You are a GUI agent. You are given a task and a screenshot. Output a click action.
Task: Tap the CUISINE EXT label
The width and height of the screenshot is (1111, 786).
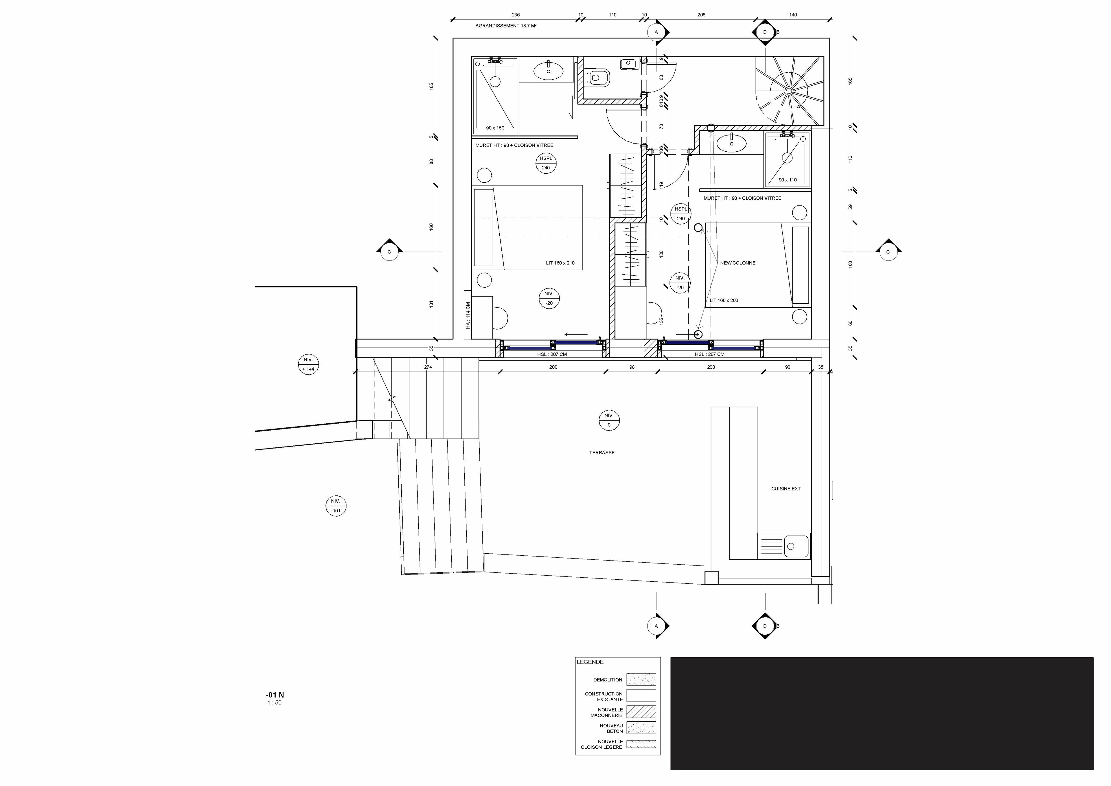tap(786, 489)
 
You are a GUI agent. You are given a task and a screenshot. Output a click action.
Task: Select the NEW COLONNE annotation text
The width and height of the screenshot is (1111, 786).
tap(737, 263)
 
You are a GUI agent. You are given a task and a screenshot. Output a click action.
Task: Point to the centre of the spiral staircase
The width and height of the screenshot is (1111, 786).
tap(789, 91)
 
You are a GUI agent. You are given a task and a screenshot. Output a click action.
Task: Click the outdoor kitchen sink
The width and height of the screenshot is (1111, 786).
tap(783, 546)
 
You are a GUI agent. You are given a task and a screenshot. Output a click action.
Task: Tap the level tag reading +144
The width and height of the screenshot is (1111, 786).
tap(308, 364)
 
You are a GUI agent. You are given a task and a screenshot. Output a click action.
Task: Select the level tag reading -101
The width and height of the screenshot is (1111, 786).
tap(336, 506)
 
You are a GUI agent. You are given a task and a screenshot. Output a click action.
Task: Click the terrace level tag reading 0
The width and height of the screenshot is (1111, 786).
tap(609, 420)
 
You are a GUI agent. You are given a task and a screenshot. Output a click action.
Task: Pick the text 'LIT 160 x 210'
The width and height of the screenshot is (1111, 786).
tap(560, 263)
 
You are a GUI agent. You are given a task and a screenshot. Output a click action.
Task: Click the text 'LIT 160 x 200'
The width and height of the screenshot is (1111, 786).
tap(724, 300)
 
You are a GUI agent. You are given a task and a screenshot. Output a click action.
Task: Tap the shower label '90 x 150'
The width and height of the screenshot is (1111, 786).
tap(495, 128)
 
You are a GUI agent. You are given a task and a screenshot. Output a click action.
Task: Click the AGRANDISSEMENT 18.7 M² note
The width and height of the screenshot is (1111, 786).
tap(506, 26)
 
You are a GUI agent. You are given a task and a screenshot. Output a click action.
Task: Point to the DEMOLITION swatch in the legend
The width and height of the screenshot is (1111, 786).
tap(641, 680)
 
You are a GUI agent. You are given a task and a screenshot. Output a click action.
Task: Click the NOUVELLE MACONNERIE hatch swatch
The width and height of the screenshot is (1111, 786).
tap(641, 711)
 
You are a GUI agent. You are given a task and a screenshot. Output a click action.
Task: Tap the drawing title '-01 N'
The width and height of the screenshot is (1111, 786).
tap(275, 695)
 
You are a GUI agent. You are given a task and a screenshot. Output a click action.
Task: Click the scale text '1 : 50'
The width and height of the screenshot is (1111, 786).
tap(274, 703)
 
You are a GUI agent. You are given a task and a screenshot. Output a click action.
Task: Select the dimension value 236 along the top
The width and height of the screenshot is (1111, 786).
tap(516, 14)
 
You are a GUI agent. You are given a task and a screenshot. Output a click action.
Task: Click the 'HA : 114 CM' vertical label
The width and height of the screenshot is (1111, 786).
tap(468, 315)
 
